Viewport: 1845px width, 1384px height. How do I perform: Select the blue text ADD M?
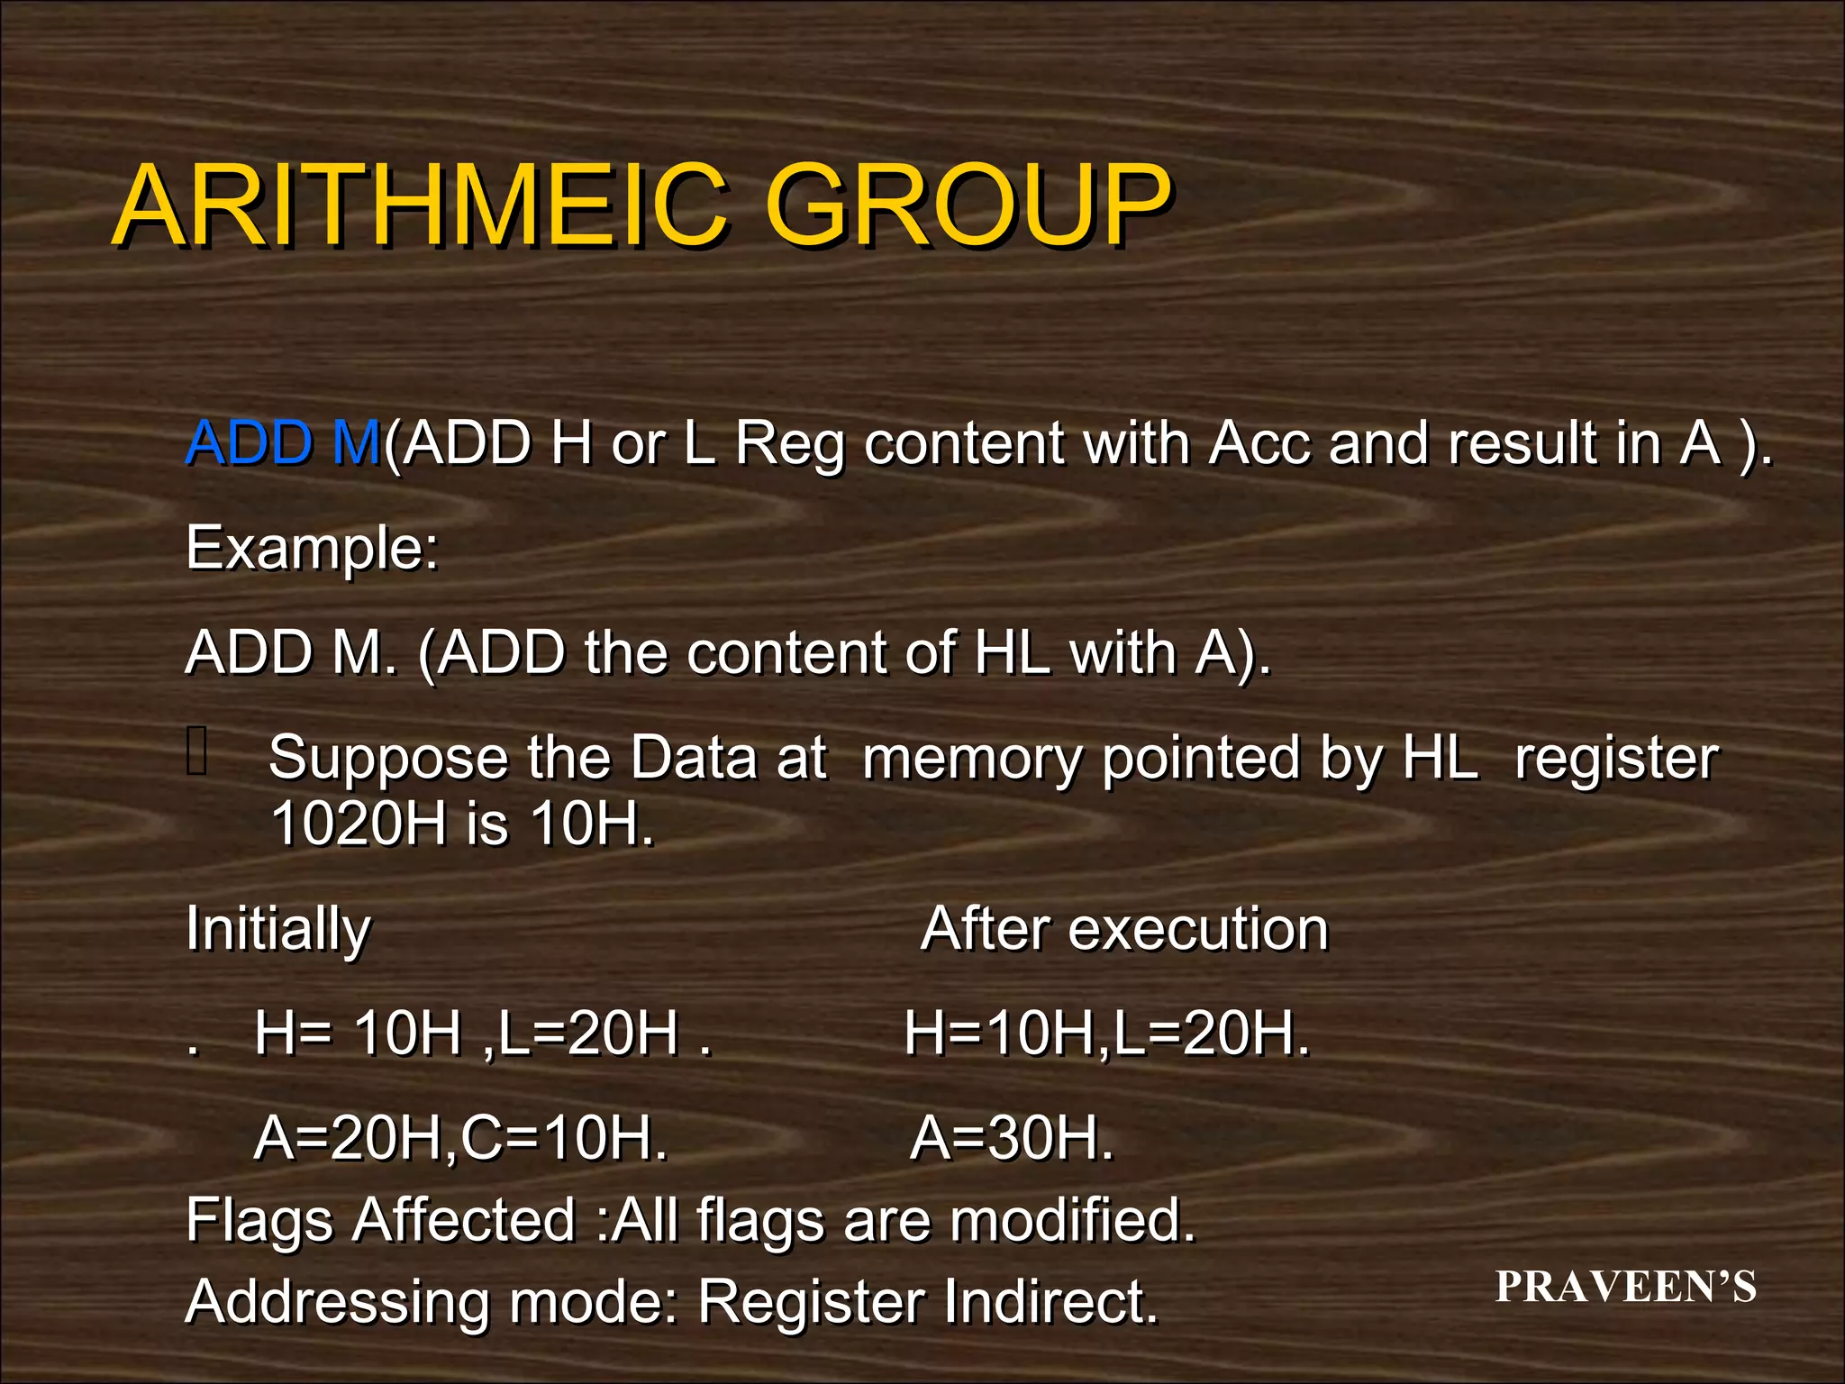click(283, 443)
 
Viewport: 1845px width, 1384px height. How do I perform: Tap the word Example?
click(312, 549)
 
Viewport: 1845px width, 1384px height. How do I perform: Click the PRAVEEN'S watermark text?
click(1625, 1287)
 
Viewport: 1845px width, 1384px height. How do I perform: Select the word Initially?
click(277, 929)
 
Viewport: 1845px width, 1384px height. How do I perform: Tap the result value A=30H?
click(1012, 1138)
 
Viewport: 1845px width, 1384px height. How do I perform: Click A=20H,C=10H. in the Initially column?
click(460, 1138)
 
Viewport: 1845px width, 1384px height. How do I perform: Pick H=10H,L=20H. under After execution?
click(1106, 1033)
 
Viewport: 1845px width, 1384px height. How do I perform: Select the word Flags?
click(259, 1220)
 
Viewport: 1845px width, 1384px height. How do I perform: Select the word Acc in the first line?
click(1259, 443)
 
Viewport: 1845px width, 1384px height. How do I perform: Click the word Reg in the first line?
click(789, 445)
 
